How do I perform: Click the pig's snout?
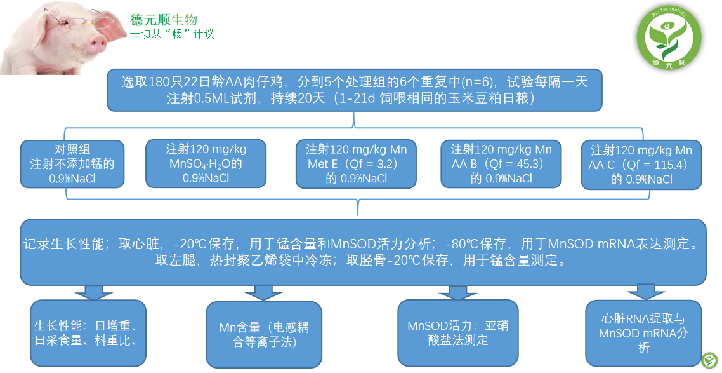97,43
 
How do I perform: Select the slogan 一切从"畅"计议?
172,33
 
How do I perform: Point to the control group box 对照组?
72,164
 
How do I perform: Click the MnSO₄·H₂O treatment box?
206,164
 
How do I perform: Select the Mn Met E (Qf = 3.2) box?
356,164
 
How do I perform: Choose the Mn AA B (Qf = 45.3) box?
501,164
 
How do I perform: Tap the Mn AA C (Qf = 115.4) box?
641,165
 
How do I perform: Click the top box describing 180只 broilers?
354,90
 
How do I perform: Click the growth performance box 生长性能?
88,333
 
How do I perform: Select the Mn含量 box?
264,334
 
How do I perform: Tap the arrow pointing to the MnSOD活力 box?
453,293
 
